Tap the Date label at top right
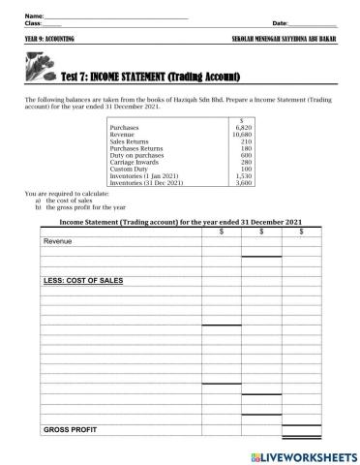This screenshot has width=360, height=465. [281, 22]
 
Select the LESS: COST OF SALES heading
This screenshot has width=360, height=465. [83, 280]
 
